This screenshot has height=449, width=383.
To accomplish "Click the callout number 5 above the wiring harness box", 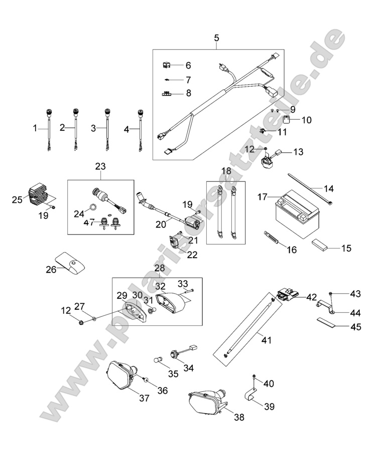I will point(216,38).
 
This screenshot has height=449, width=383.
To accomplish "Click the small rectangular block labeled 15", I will point(319,245).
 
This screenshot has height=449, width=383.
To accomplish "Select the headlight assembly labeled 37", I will point(121,378).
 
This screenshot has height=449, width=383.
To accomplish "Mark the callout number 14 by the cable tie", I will point(328,189).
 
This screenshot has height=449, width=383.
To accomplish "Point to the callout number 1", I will point(36,128).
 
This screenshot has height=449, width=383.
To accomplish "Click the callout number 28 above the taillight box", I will point(160,269).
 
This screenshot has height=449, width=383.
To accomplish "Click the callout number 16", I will point(291,250).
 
